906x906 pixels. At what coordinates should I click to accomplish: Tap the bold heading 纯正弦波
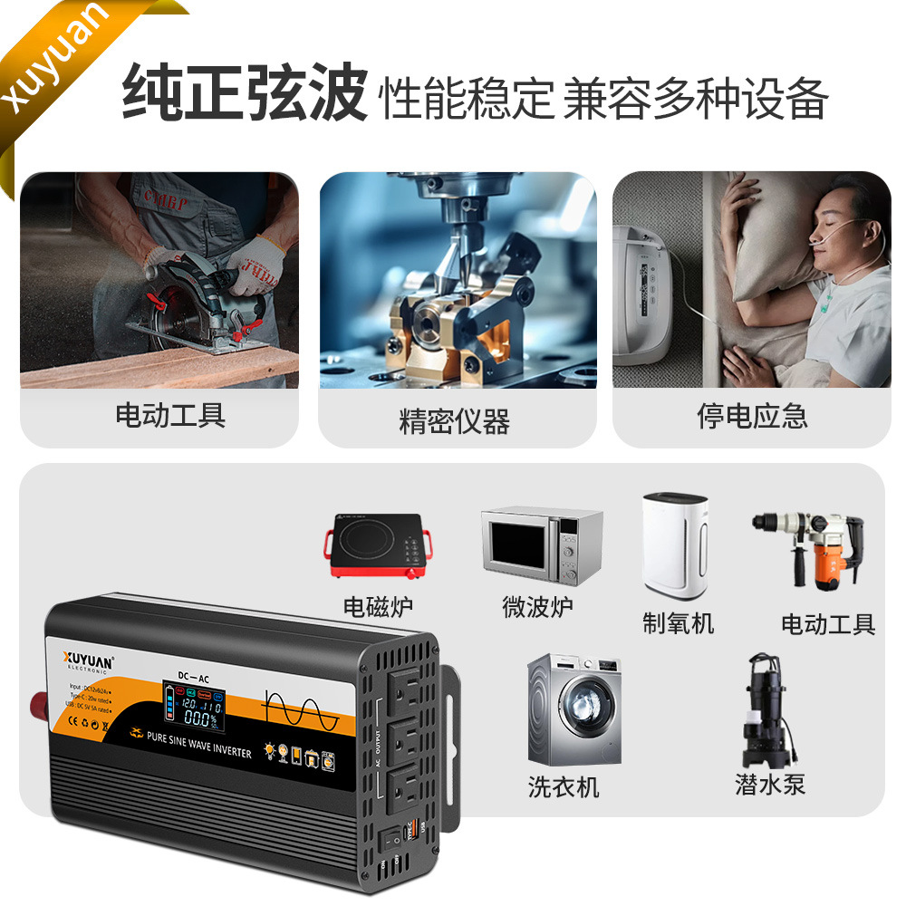(x=244, y=92)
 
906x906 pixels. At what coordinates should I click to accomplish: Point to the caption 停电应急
(x=752, y=416)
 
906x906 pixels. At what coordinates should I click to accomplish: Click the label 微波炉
(x=538, y=606)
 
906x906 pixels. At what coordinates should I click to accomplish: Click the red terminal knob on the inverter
(x=42, y=702)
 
